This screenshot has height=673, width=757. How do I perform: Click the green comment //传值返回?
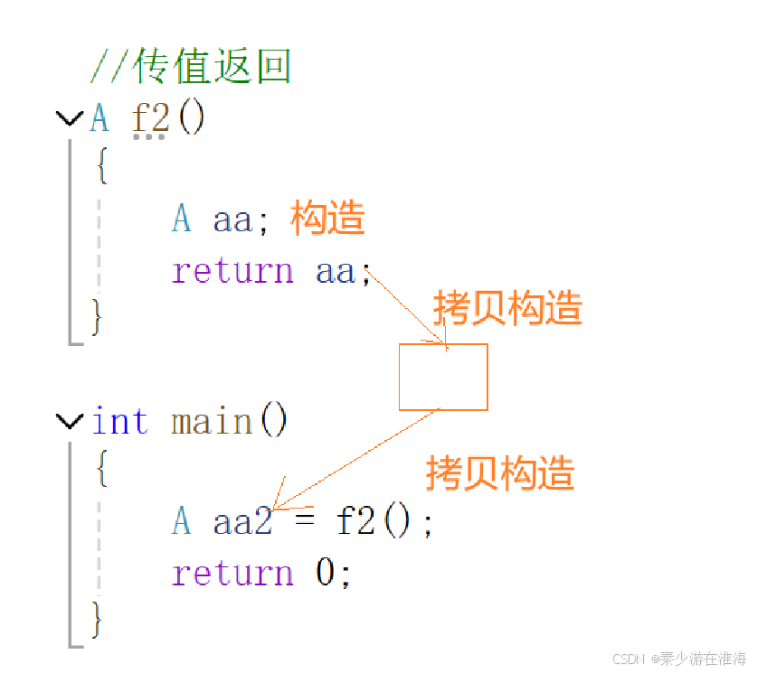[190, 66]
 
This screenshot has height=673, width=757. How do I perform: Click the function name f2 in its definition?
[150, 118]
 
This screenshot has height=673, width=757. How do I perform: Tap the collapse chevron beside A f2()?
[69, 118]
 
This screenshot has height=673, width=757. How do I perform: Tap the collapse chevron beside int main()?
[69, 420]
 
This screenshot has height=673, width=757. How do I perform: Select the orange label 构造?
[327, 219]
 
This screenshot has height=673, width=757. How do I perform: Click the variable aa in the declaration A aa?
[232, 220]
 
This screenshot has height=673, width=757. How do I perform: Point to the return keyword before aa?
[232, 270]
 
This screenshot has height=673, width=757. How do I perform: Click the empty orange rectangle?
[443, 377]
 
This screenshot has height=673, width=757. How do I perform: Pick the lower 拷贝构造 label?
[500, 472]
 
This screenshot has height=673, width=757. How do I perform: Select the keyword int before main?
[119, 421]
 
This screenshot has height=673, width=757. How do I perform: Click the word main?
[212, 421]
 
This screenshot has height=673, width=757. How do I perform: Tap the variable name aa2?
[242, 522]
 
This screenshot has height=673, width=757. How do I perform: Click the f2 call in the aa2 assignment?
[357, 522]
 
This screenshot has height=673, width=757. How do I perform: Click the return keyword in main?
[232, 573]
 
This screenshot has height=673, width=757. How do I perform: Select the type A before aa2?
[182, 522]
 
